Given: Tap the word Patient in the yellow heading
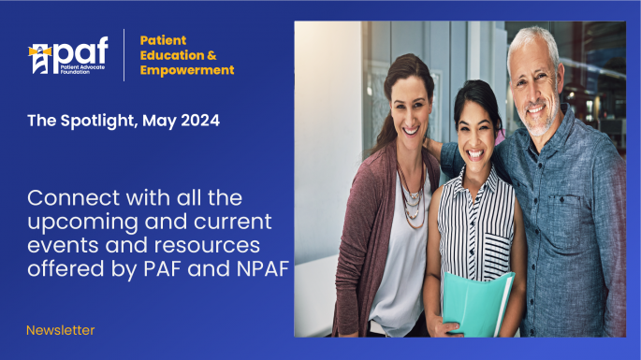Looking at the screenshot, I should pyautogui.click(x=163, y=40).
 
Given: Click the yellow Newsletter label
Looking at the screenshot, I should pyautogui.click(x=60, y=330).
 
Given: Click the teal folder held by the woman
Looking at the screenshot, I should pyautogui.click(x=476, y=304).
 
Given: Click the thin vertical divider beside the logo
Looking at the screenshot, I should pyautogui.click(x=124, y=55).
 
